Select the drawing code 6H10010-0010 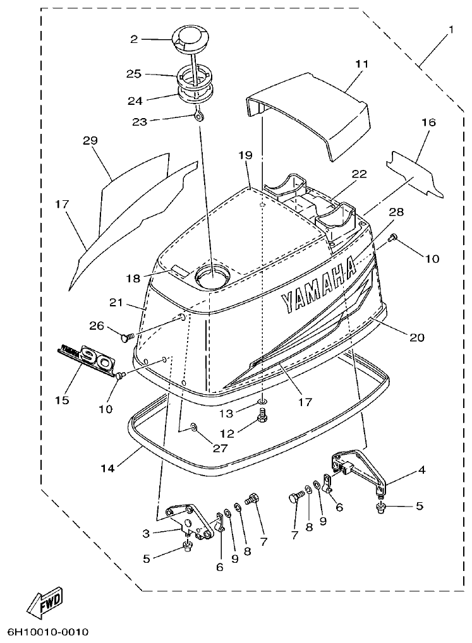[48, 632]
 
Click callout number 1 [451, 30]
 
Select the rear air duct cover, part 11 [310, 117]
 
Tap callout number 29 [90, 140]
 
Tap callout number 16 [428, 123]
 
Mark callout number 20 [416, 337]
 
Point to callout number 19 [245, 155]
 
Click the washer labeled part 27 [193, 428]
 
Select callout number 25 [133, 74]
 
